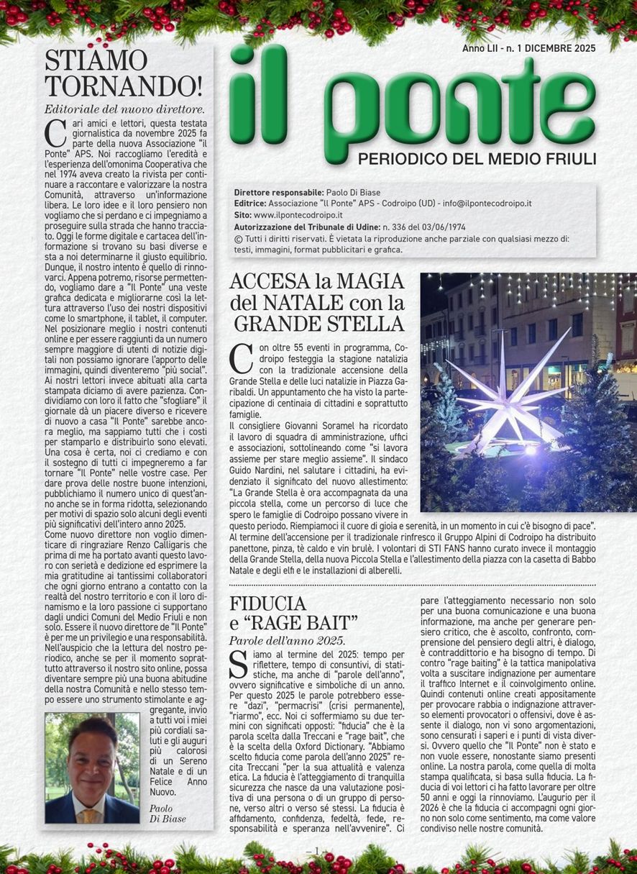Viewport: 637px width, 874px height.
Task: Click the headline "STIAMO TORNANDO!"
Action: click(124, 73)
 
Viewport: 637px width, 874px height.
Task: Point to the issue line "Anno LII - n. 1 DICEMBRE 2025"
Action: click(528, 49)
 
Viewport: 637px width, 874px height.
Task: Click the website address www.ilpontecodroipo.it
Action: click(298, 214)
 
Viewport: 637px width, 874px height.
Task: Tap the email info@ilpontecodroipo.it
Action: click(485, 204)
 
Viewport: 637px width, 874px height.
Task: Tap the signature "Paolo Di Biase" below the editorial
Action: click(173, 814)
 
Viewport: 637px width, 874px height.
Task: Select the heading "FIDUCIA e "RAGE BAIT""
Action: click(293, 612)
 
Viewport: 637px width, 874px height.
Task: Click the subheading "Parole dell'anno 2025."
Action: click(287, 640)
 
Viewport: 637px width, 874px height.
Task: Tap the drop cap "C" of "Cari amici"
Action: click(51, 134)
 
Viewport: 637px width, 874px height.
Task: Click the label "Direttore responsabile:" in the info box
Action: click(278, 192)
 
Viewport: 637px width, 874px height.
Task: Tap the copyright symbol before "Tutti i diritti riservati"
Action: click(238, 238)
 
